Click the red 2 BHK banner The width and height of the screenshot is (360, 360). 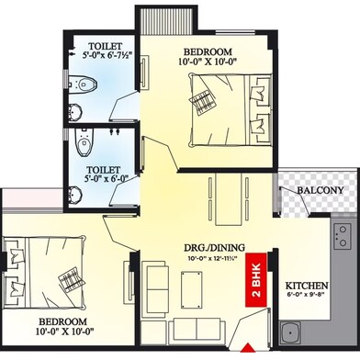[x=256, y=279]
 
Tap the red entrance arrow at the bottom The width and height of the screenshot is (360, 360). [x=249, y=348]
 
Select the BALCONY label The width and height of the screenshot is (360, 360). [x=321, y=190]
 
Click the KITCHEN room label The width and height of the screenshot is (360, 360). [x=307, y=286]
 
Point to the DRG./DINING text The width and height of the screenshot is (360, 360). [x=214, y=247]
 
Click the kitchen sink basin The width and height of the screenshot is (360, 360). [x=290, y=333]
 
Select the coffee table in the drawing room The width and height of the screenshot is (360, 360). [x=191, y=289]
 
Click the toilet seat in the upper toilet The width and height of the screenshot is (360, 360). [x=85, y=84]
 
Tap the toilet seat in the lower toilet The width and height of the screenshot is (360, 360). [x=83, y=141]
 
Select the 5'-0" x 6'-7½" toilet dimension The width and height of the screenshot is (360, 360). [x=107, y=55]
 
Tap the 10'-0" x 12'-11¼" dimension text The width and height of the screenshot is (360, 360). [x=213, y=258]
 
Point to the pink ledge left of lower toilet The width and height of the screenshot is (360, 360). [x=33, y=198]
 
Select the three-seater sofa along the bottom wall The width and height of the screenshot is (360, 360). [x=197, y=330]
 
